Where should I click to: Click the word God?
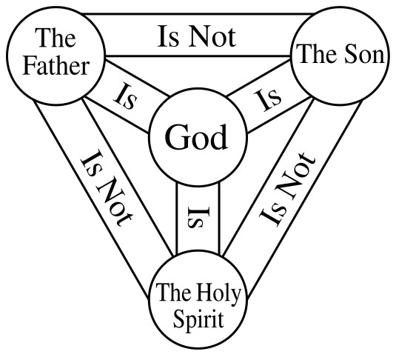coord(195,138)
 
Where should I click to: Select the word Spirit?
coord(197,319)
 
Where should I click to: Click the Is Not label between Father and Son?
coord(196,37)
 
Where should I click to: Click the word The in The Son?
coord(312,54)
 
